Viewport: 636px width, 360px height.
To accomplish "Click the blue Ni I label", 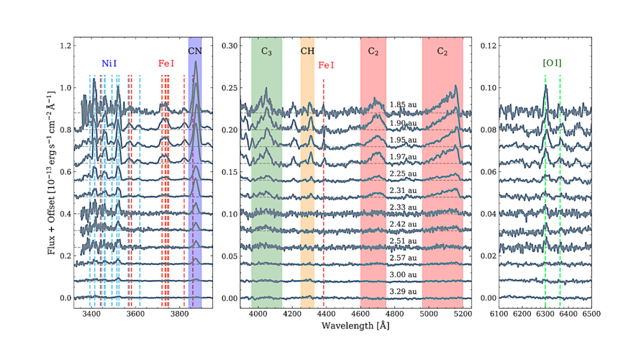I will (109, 63).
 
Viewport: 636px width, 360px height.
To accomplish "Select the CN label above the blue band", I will (195, 52).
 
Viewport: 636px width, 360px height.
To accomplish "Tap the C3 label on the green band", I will (266, 52).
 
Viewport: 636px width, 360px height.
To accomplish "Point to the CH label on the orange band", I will (307, 52).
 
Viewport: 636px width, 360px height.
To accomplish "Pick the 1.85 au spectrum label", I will (403, 104).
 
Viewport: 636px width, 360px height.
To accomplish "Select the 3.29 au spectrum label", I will (403, 291).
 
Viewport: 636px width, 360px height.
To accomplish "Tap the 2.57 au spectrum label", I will (403, 257).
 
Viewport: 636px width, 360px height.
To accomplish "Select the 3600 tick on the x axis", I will (135, 314).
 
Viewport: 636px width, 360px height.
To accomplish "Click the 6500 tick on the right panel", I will (591, 314).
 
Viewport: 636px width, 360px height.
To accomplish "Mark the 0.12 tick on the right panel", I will (488, 46).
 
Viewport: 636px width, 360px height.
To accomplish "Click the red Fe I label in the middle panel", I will (326, 65).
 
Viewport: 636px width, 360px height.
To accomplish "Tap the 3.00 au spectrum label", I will (403, 274).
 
